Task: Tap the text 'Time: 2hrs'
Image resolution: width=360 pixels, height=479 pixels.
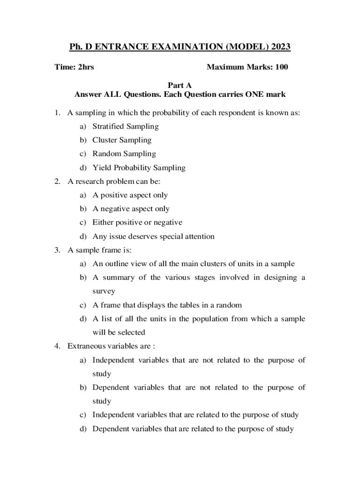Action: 74,67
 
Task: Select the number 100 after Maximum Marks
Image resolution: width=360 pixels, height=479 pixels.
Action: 281,67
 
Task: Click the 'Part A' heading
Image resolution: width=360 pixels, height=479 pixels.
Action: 180,85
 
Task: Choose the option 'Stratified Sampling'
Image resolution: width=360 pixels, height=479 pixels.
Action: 125,126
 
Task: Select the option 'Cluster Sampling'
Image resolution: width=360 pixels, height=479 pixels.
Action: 122,140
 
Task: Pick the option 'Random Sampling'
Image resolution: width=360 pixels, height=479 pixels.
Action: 124,153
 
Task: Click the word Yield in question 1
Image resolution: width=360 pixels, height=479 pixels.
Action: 101,167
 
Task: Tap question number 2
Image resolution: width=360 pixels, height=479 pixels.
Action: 57,181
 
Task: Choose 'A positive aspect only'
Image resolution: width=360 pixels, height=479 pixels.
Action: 130,195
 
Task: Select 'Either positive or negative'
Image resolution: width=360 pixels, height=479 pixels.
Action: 137,222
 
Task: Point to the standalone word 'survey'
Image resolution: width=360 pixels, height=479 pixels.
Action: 104,291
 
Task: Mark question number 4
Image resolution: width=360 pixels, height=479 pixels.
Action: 57,346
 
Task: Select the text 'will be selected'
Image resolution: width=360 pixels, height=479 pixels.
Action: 119,333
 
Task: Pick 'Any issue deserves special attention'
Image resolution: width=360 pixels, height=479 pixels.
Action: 153,236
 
